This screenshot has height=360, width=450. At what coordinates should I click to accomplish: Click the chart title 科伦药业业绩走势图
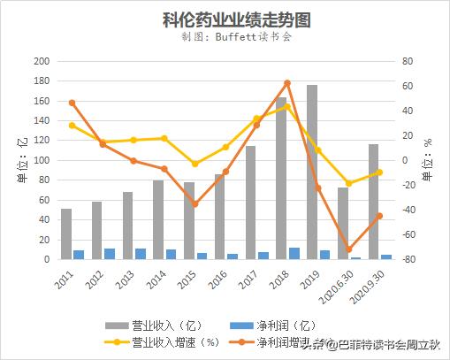point(225,19)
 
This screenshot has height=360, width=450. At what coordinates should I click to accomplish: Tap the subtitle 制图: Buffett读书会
point(225,38)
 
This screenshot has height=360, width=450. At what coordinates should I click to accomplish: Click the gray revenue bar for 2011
point(66,234)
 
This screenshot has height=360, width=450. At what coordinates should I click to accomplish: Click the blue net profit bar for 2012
point(110,254)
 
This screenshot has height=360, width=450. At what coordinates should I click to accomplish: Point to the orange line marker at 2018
point(287,83)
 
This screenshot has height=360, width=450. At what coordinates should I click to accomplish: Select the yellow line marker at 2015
point(194,164)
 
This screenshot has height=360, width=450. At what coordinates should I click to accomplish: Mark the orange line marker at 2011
point(72,103)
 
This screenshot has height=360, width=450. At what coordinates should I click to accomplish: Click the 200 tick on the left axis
point(41,61)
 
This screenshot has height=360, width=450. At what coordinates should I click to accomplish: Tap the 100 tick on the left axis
point(41,160)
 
